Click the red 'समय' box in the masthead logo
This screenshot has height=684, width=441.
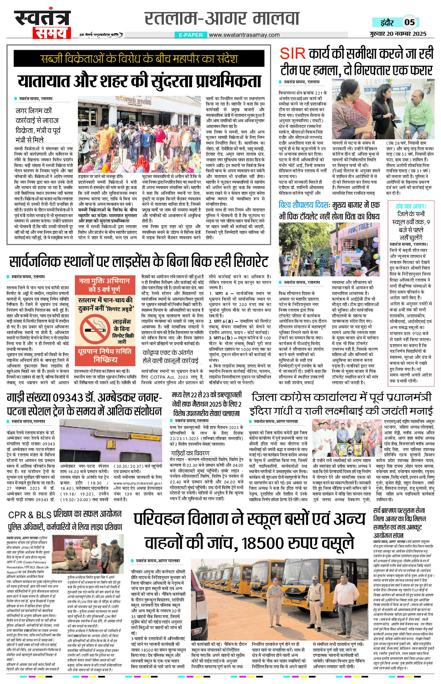coord(52,33)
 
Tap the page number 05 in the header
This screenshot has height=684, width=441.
coord(409,22)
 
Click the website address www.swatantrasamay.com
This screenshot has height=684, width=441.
coord(244,35)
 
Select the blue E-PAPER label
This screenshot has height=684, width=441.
coord(191,35)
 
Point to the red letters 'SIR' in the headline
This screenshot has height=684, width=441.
coord(293,54)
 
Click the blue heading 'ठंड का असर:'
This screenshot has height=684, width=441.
coord(411,206)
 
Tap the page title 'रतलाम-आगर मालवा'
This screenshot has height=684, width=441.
coord(222,19)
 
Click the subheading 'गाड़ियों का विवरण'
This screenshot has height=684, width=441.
coord(190,453)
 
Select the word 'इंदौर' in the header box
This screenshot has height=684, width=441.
coord(387,23)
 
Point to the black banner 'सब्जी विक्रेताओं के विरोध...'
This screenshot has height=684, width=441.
coord(139,59)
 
